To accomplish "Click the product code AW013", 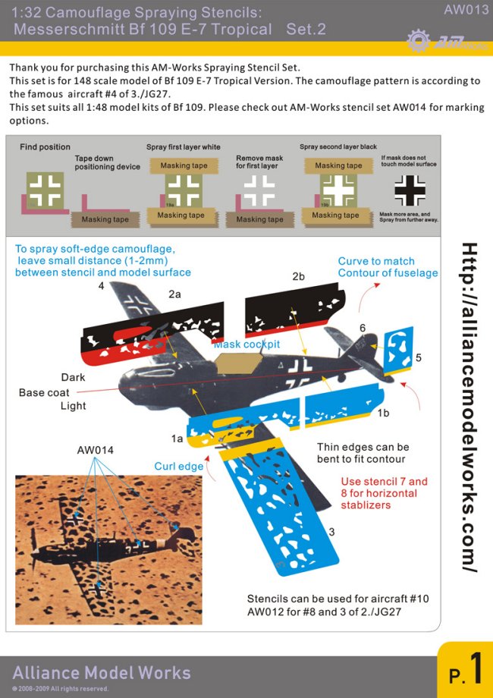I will tap(466, 10).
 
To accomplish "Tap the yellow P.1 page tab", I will tap(465, 671).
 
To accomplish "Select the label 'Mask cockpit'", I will tap(246, 344).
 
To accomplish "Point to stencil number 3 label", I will tap(331, 532).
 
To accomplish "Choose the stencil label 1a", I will tap(177, 439).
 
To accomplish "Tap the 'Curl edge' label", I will tap(179, 466).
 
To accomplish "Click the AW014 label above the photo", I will tap(95, 450).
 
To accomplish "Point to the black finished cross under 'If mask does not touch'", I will tap(410, 190).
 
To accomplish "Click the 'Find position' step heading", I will tap(45, 146).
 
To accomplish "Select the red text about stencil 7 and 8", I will tap(384, 493).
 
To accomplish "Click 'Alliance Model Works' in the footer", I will tap(102, 673).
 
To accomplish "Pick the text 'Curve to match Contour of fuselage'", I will tap(388, 267).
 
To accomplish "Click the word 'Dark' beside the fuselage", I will tap(73, 377).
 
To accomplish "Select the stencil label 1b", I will tap(384, 413).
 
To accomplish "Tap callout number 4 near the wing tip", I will tap(101, 286).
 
